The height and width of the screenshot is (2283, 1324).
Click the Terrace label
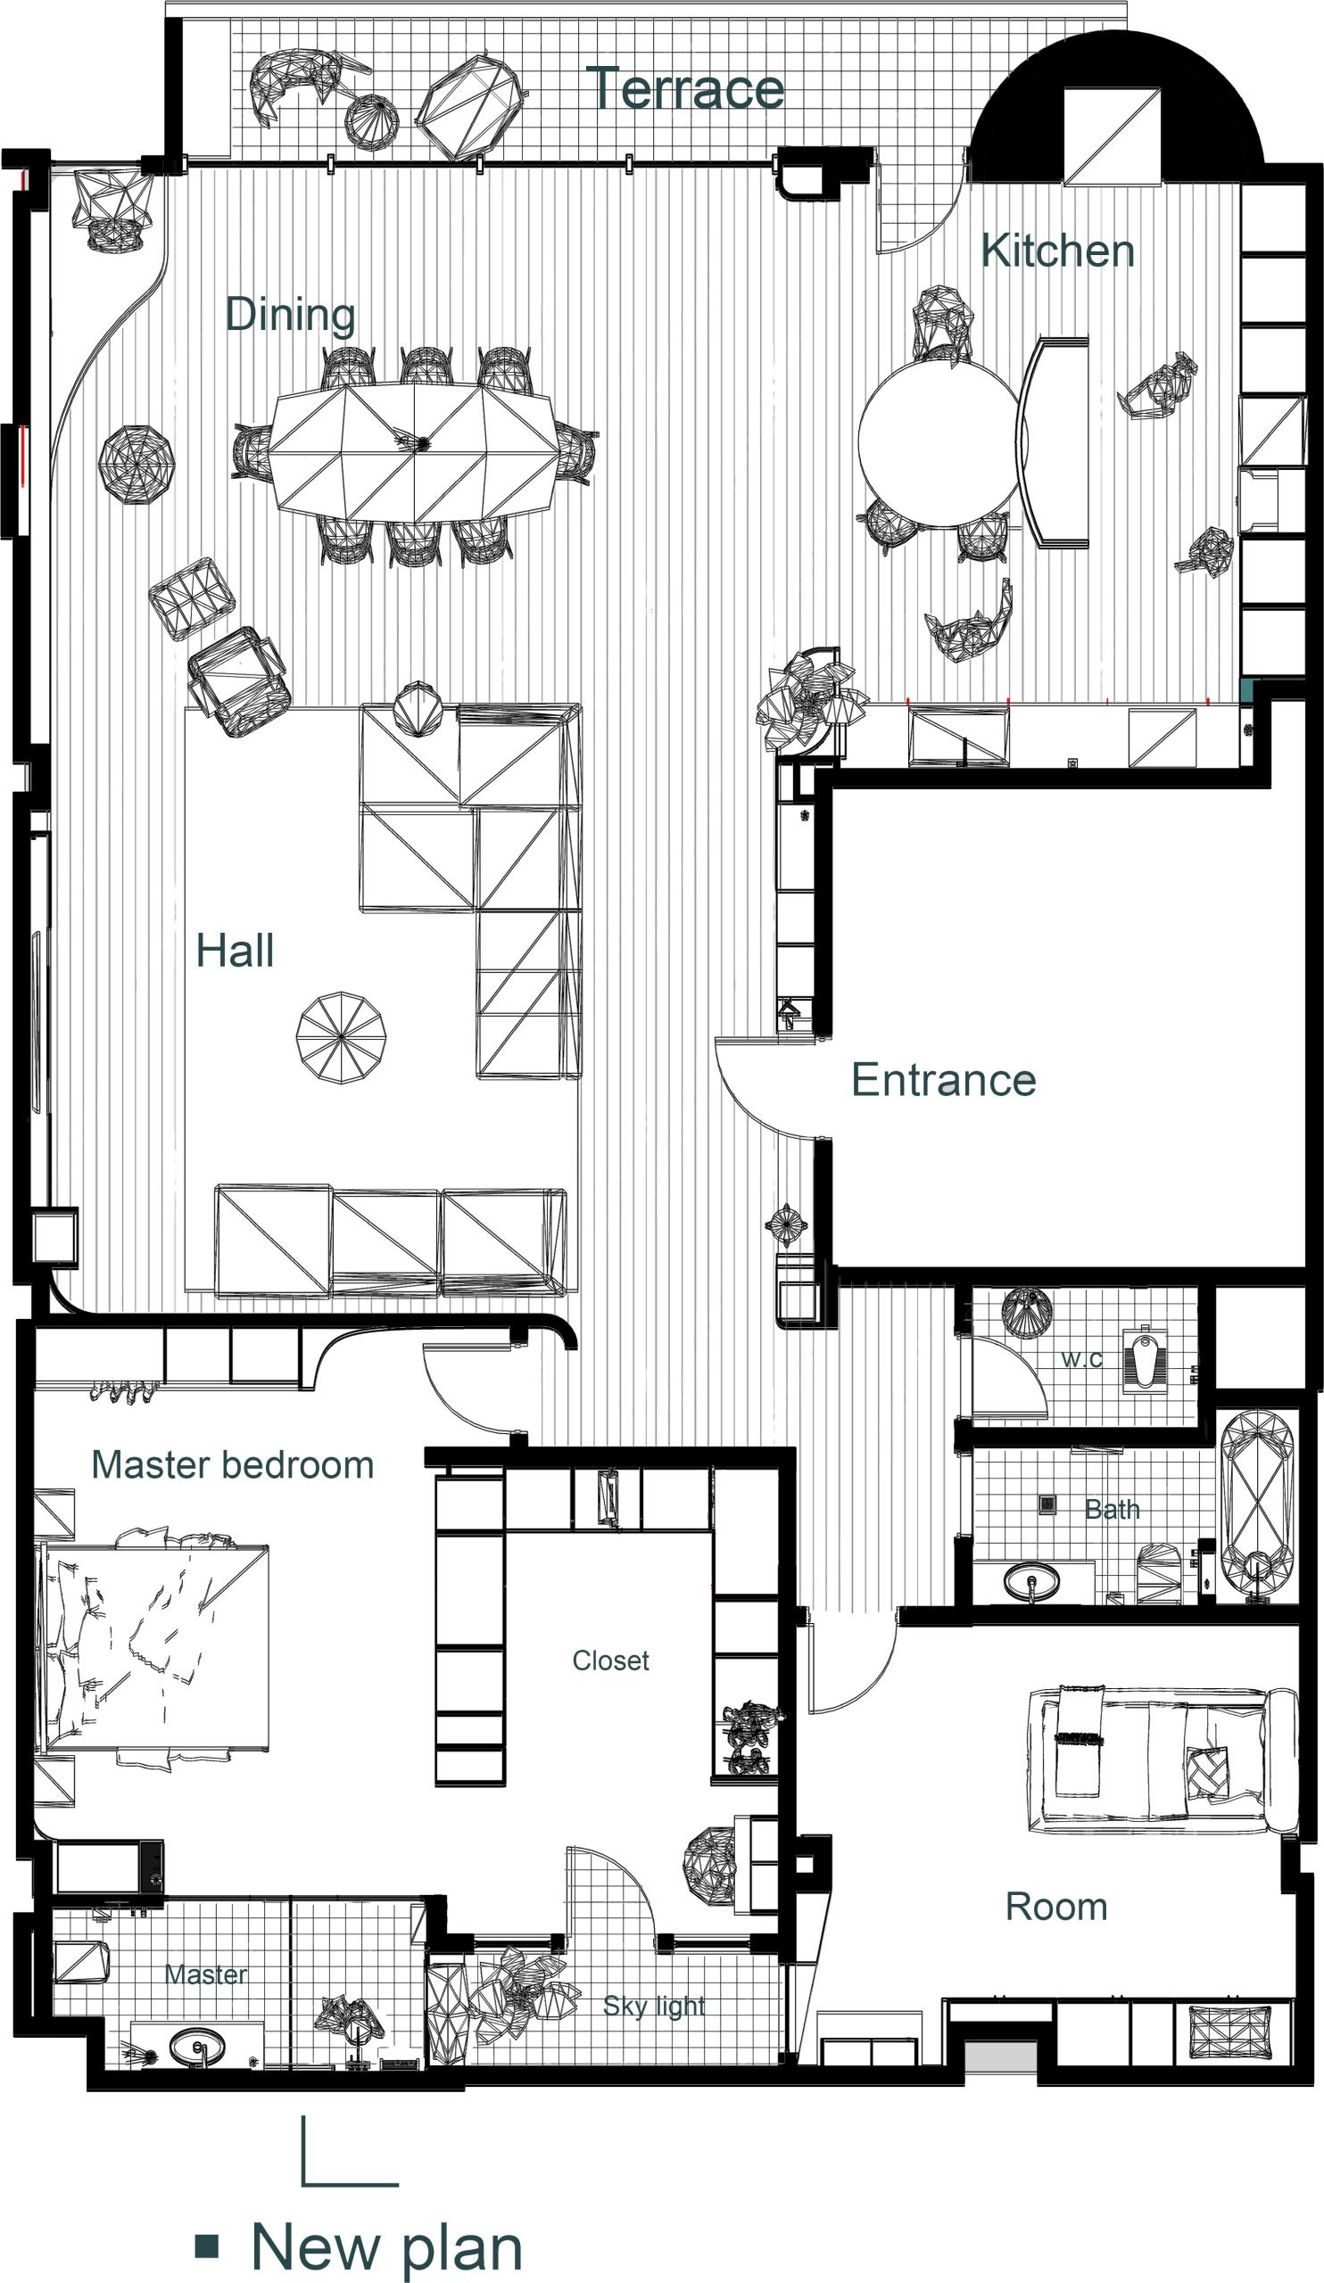pos(685,89)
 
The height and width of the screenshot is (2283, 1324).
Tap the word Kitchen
pos(1057,250)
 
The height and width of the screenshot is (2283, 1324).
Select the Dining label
pos(290,316)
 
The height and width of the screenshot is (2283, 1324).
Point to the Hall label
pos(235,952)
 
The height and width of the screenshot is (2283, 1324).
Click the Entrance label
pos(943,1080)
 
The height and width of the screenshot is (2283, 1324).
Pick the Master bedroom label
pos(233,1465)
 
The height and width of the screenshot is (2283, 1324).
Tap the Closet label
pos(611,1661)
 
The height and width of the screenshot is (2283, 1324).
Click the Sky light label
pos(654,2006)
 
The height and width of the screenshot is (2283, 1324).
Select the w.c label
pos(1082,1359)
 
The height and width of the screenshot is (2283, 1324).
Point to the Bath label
pos(1112,1509)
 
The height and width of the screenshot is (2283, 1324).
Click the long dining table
pos(414,452)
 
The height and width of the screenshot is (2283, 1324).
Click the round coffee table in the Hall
pos(342,1037)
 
